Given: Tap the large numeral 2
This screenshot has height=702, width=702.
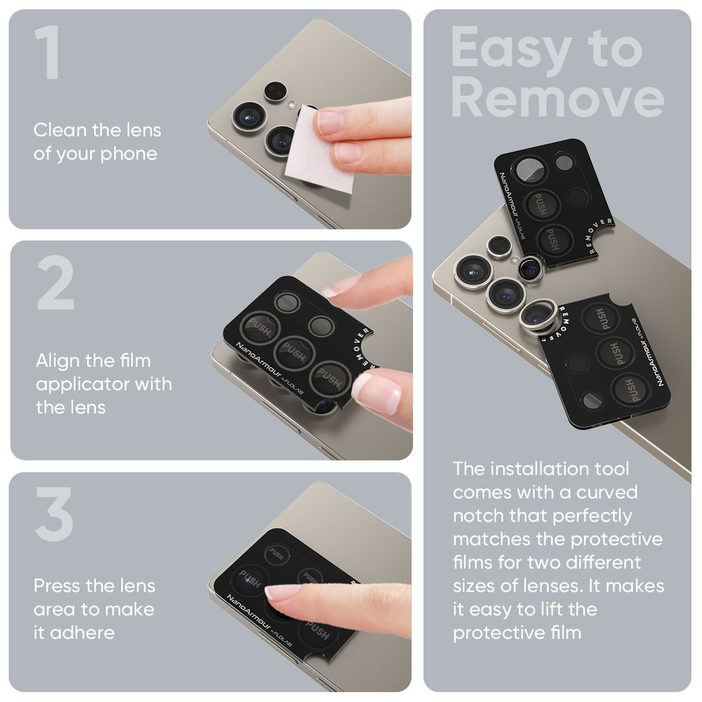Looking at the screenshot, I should pyautogui.click(x=55, y=284).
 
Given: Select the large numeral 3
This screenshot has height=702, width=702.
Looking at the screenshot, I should pyautogui.click(x=54, y=514).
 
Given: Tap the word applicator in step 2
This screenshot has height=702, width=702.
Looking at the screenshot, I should pyautogui.click(x=77, y=385).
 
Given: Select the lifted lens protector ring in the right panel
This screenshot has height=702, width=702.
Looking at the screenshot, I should pyautogui.click(x=539, y=316).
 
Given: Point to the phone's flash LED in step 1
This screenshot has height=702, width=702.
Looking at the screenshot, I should pyautogui.click(x=289, y=105).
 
